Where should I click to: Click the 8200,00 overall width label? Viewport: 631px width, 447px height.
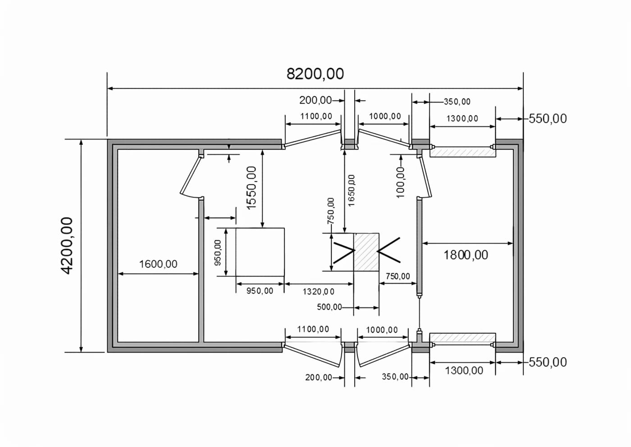[x=315, y=74]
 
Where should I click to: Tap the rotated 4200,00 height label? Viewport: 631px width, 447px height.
[x=67, y=246]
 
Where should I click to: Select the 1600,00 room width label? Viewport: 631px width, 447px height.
[x=158, y=264]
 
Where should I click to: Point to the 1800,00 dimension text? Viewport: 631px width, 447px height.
[x=466, y=255]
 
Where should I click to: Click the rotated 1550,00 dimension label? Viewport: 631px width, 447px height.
[x=251, y=188]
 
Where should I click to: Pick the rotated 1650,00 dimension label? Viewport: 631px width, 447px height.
[x=352, y=191]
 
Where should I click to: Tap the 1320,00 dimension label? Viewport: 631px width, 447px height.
[x=319, y=292]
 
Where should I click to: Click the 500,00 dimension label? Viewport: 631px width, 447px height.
[x=329, y=307]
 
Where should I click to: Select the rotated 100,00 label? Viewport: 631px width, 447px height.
[x=400, y=182]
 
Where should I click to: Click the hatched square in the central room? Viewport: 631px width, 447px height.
[x=366, y=252]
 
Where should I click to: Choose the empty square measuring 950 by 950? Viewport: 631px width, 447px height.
[x=260, y=252]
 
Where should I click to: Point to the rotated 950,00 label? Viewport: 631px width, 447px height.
[x=218, y=252]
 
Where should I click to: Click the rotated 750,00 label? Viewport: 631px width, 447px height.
[x=331, y=211]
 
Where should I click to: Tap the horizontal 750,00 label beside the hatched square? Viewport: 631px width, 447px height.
[x=398, y=276]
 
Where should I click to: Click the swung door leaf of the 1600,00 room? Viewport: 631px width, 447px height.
[x=190, y=177]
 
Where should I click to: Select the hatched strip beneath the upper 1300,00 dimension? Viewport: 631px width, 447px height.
[x=462, y=153]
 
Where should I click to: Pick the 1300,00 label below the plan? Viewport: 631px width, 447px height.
[x=464, y=371]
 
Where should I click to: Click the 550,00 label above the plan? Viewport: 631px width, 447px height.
[x=548, y=119]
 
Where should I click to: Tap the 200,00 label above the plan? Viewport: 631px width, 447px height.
[x=315, y=100]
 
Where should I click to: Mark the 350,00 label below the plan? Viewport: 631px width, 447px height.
[x=395, y=377]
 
